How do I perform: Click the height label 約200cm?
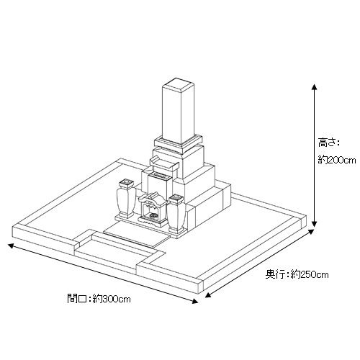(337, 160)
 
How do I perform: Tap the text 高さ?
(329, 143)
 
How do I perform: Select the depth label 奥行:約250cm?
(297, 274)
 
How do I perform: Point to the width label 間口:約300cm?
(99, 299)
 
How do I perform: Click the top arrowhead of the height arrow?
(314, 87)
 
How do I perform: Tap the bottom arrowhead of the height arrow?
(314, 224)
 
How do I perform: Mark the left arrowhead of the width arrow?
(11, 246)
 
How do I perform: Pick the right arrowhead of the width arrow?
(195, 301)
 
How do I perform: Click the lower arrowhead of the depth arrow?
(208, 294)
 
